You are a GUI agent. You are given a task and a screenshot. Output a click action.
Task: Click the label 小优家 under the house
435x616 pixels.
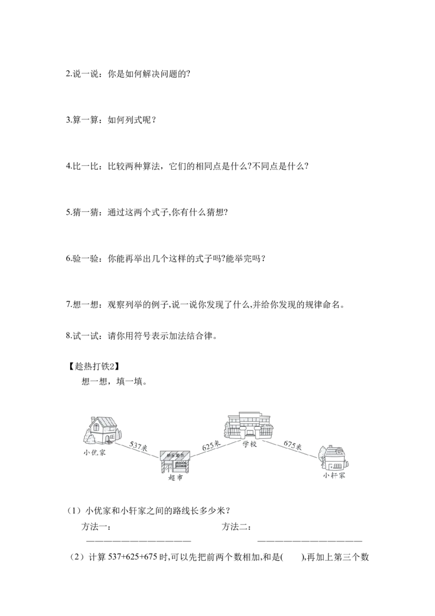[95, 452]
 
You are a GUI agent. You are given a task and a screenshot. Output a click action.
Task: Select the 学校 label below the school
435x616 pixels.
[249, 443]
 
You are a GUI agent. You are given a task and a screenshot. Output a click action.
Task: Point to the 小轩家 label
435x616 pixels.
[334, 475]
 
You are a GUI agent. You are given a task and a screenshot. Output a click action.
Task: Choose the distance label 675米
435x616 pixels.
[292, 446]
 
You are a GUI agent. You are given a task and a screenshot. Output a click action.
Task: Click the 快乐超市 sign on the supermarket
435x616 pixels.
[175, 455]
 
